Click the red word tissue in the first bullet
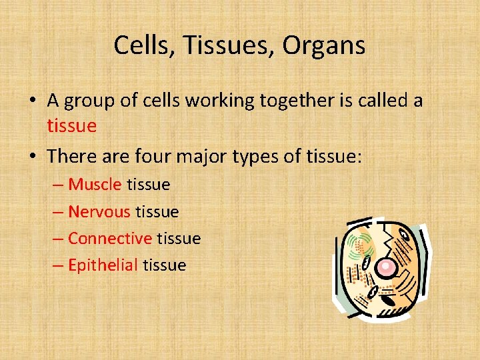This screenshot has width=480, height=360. (x=72, y=125)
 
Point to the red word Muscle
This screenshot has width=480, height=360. (x=95, y=184)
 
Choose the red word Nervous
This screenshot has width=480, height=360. (x=99, y=211)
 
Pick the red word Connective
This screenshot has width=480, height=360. (x=110, y=238)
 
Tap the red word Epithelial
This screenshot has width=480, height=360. (x=103, y=265)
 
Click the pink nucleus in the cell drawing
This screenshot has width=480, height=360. (x=385, y=267)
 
